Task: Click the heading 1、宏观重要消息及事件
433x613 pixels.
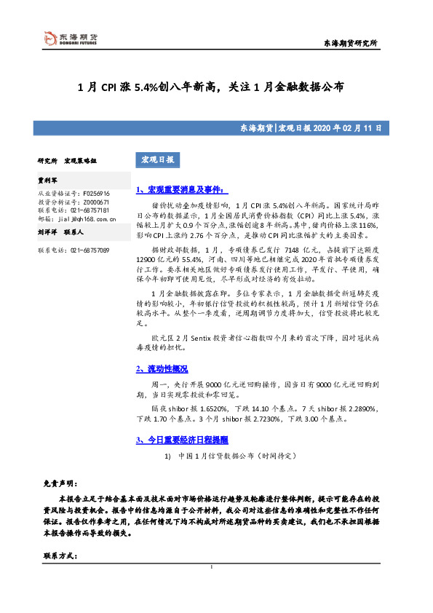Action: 182,189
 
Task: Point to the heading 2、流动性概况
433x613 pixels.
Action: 162,368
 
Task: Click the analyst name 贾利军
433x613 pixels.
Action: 48,178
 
